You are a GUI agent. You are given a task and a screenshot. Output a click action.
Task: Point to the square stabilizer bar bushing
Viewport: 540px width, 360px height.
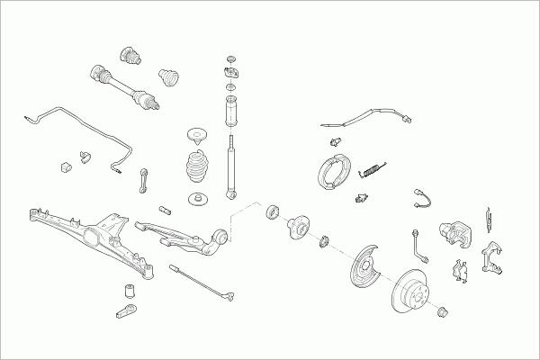point(65,167)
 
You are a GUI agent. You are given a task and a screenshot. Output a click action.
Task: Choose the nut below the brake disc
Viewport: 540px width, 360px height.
point(442,312)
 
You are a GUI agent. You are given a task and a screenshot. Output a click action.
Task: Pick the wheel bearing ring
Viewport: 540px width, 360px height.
point(272,214)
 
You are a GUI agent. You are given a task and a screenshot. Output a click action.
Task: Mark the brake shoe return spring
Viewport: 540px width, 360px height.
point(373,168)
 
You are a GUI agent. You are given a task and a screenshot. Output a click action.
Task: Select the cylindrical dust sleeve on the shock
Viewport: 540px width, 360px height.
point(231,113)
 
